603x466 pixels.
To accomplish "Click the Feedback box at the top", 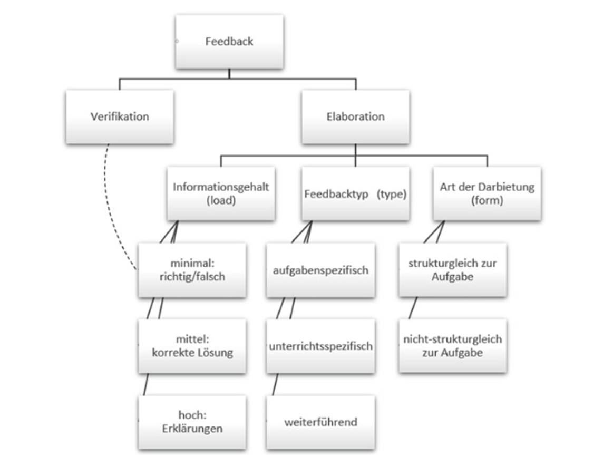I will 229,41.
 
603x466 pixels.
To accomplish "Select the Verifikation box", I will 119,116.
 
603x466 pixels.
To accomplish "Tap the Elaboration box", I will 355,116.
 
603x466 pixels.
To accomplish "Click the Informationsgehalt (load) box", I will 221,193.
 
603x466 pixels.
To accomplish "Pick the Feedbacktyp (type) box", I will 355,193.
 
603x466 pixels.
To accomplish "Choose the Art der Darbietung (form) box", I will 487,193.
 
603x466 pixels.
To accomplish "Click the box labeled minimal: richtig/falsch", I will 192,270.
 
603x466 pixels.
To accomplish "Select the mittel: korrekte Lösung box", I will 192,346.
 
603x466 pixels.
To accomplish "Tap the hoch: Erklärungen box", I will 192,422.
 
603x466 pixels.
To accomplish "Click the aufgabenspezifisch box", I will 320,270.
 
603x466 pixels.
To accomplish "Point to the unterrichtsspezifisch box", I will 320,346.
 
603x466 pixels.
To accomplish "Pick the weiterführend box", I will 320,422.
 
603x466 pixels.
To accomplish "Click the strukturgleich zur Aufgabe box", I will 452,270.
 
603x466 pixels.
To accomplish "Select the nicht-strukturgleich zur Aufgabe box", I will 452,346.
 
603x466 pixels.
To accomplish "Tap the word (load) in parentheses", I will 221,200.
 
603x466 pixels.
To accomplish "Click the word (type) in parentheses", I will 392,193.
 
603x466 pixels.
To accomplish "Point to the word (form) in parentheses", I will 487,200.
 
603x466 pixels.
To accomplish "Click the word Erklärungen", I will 192,429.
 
